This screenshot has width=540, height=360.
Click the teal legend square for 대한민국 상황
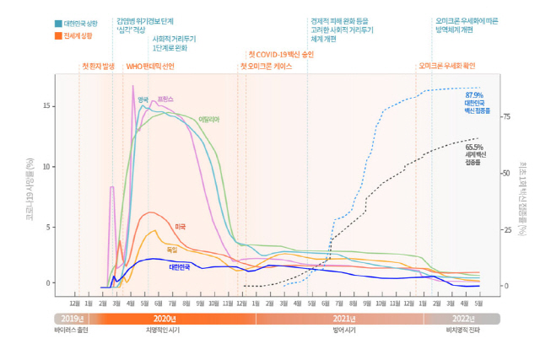[x=57, y=24]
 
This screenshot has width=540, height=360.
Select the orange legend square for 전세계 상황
[x=57, y=36]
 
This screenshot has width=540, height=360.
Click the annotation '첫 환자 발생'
[x=98, y=66]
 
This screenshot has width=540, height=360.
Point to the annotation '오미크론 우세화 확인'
[x=446, y=66]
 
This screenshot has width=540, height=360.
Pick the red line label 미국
[x=180, y=227]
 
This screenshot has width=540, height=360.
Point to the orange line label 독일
[x=172, y=250]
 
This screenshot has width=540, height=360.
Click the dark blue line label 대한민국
[x=179, y=267]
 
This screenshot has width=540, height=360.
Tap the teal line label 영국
[x=143, y=99]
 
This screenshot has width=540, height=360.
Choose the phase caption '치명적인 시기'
[x=163, y=330]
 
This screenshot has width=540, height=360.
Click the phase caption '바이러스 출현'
[x=71, y=330]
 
